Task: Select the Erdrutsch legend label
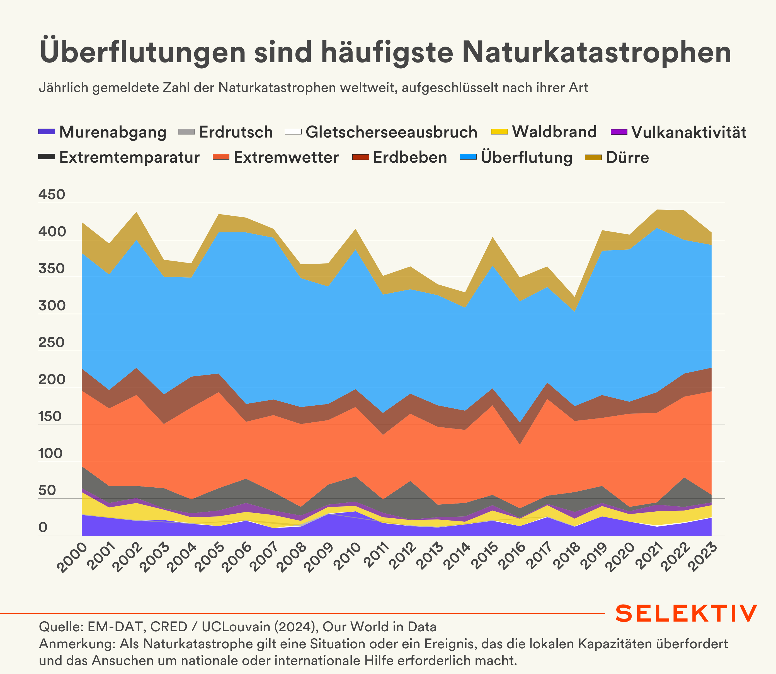tap(236, 132)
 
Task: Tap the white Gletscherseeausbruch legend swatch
tap(293, 132)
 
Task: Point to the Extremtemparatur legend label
tap(129, 157)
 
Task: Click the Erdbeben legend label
tap(410, 157)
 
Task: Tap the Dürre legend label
tap(627, 157)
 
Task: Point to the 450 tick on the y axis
tap(52, 194)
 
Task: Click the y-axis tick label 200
tap(52, 379)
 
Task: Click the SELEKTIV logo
tap(686, 613)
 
